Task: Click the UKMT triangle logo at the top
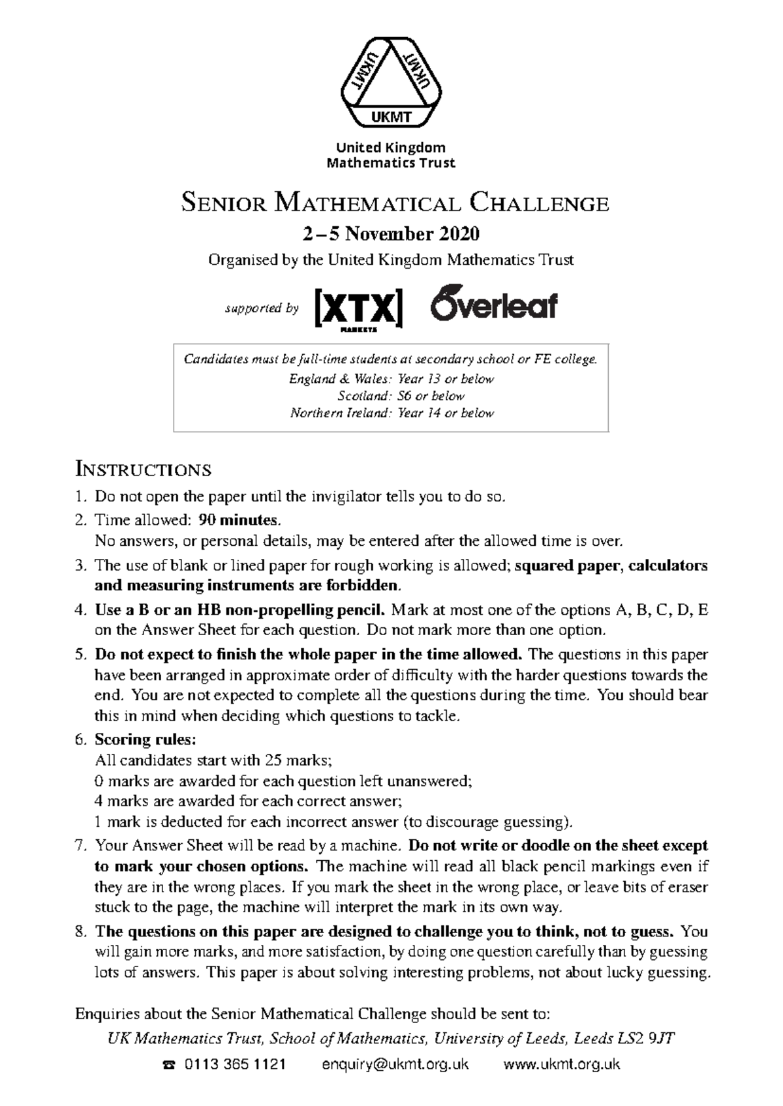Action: [x=391, y=83]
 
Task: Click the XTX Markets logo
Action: [x=358, y=309]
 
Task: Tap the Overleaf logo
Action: [x=494, y=303]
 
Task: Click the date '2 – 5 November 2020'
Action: [x=391, y=233]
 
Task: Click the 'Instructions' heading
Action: [x=143, y=469]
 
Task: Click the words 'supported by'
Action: [x=262, y=308]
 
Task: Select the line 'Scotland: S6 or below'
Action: [x=401, y=396]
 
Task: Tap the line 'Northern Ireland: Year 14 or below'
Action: [x=391, y=413]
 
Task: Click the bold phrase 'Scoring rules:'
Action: [x=145, y=740]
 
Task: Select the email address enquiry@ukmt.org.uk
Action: [x=395, y=1064]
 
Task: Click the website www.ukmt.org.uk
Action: [x=562, y=1064]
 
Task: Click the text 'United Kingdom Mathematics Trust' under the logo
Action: [x=391, y=155]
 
